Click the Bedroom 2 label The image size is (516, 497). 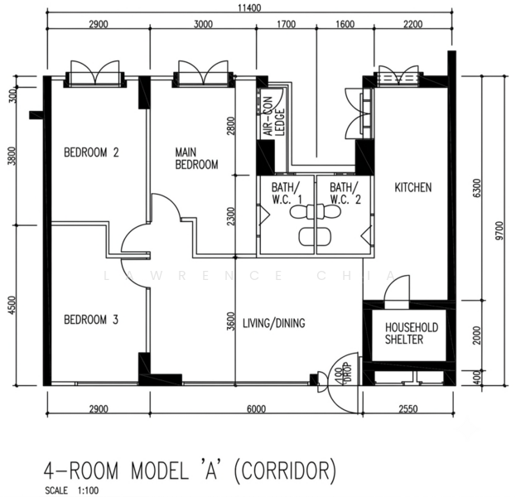91,152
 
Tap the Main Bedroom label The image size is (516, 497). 196,158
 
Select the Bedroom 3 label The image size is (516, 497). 91,320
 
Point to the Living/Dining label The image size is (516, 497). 274,323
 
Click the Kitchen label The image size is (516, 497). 413,187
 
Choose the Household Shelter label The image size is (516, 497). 412,334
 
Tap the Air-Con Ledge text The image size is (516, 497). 274,116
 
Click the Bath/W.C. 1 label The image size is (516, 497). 287,193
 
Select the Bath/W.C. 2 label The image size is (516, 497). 345,193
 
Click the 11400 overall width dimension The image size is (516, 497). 249,7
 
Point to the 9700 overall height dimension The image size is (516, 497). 499,231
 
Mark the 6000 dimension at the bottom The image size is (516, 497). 257,409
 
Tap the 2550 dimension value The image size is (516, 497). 408,409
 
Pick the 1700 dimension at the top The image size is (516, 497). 287,24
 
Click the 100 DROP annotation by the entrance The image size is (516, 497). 343,373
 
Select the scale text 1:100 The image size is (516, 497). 88,490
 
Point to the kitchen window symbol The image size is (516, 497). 398,76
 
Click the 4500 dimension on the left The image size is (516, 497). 12,306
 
